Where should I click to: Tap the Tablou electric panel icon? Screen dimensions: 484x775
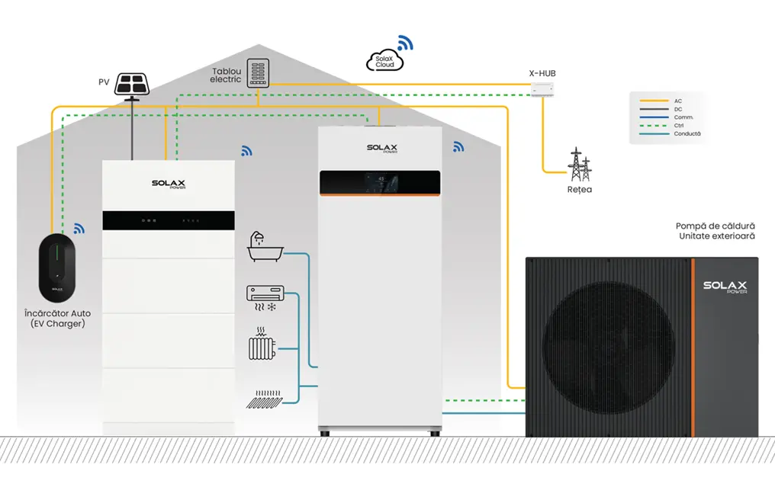(259, 74)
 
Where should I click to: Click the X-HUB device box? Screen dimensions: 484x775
(542, 91)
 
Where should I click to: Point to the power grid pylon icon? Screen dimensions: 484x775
(580, 164)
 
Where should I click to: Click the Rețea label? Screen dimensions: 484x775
(580, 190)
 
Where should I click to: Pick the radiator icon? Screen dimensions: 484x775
(262, 345)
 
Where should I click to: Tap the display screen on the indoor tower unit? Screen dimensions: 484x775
(380, 182)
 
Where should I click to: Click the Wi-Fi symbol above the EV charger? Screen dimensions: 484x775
(79, 228)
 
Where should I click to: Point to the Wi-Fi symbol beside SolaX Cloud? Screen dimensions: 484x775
(404, 43)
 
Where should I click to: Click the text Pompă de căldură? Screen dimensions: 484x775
(716, 226)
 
